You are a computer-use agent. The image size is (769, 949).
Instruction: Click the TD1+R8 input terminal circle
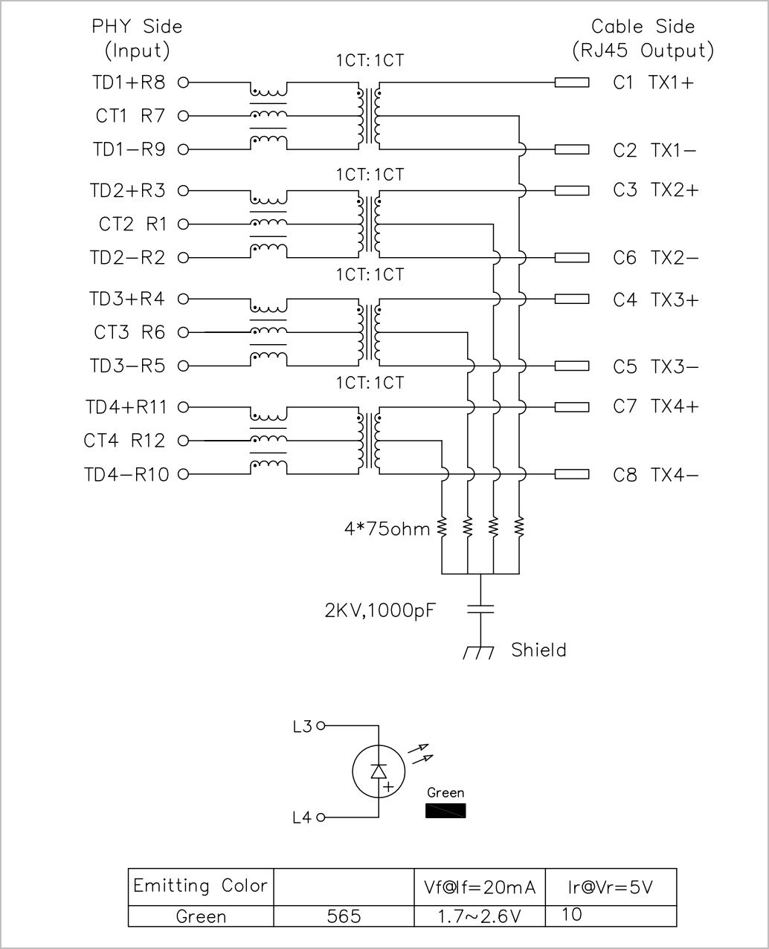pyautogui.click(x=183, y=82)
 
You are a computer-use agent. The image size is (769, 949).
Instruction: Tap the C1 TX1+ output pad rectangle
pyautogui.click(x=572, y=82)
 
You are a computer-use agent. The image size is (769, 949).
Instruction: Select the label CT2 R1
pyautogui.click(x=133, y=224)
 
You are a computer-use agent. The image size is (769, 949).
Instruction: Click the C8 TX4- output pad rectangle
pyautogui.click(x=572, y=474)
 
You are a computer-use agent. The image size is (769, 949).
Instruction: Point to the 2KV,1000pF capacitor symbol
pyautogui.click(x=480, y=609)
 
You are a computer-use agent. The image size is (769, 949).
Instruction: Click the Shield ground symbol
pyautogui.click(x=479, y=652)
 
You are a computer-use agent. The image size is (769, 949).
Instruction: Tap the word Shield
pyautogui.click(x=538, y=650)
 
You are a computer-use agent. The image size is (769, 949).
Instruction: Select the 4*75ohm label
pyautogui.click(x=387, y=529)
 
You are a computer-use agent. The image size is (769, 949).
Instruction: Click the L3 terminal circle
pyautogui.click(x=321, y=726)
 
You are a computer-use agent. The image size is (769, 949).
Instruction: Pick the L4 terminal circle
pyautogui.click(x=321, y=817)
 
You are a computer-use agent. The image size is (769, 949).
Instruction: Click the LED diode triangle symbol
pyautogui.click(x=379, y=771)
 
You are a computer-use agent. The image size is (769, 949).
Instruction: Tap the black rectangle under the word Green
pyautogui.click(x=445, y=811)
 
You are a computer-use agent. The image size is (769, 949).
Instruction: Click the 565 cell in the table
pyautogui.click(x=344, y=916)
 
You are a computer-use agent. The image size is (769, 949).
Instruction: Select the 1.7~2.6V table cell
pyautogui.click(x=480, y=916)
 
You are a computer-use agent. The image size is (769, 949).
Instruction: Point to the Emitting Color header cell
pyautogui.click(x=201, y=887)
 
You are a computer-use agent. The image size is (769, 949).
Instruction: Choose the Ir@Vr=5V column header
pyautogui.click(x=611, y=887)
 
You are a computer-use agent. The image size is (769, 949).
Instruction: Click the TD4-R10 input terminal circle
pyautogui.click(x=183, y=474)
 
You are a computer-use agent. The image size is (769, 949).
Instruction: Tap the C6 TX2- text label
pyautogui.click(x=656, y=258)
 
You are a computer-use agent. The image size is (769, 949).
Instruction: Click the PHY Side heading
pyautogui.click(x=137, y=27)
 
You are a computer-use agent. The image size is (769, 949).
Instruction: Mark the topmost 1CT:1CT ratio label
pyautogui.click(x=370, y=60)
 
